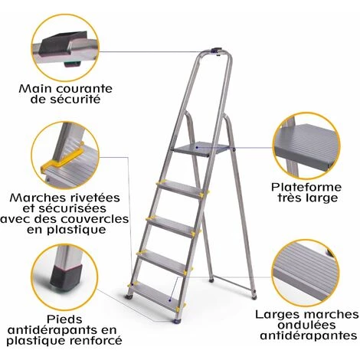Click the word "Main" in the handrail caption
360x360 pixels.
pyautogui.click(x=35, y=89)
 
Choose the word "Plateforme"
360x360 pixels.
pyautogui.click(x=306, y=187)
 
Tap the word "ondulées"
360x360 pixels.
pyautogui.click(x=307, y=325)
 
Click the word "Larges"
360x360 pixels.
pyautogui.click(x=276, y=315)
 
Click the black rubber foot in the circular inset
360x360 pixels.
pyautogui.click(x=67, y=277)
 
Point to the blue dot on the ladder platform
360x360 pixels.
pyautogui.click(x=197, y=148)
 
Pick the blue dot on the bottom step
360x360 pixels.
pyautogui.click(x=170, y=300)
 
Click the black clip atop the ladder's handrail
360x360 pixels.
pyautogui.click(x=216, y=51)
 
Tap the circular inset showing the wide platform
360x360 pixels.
pyautogui.click(x=306, y=146)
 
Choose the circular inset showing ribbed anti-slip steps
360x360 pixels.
pyautogui.click(x=306, y=273)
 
